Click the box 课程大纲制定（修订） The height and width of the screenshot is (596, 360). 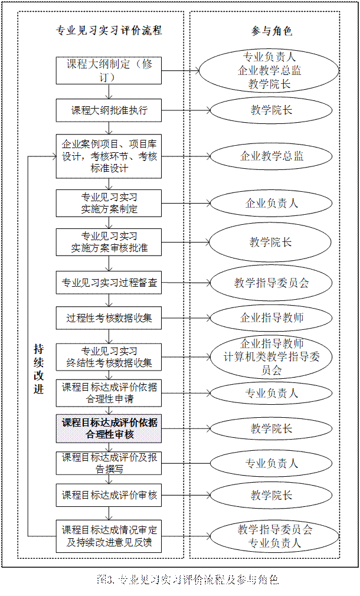pyautogui.click(x=109, y=70)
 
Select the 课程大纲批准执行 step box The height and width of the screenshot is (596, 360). pyautogui.click(x=109, y=110)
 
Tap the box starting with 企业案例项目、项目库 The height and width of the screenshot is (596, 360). pyautogui.click(x=109, y=156)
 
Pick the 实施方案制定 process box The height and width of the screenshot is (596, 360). pyautogui.click(x=109, y=203)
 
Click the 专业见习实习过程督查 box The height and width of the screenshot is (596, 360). pyautogui.click(x=109, y=283)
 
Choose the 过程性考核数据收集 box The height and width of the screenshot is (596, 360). pyautogui.click(x=109, y=318)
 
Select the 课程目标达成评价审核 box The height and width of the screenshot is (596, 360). pyautogui.click(x=109, y=495)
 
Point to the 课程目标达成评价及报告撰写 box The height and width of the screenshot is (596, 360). pyautogui.click(x=109, y=463)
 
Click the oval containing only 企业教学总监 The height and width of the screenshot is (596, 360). pyautogui.click(x=271, y=156)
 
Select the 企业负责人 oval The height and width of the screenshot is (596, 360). pyautogui.click(x=271, y=204)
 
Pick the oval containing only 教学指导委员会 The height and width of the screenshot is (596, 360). pyautogui.click(x=271, y=283)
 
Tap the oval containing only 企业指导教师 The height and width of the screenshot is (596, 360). pyautogui.click(x=271, y=318)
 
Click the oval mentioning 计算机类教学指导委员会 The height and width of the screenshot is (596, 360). pyautogui.click(x=271, y=357)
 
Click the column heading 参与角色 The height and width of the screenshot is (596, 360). pyautogui.click(x=271, y=31)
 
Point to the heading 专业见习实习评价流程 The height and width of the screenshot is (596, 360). pyautogui.click(x=109, y=31)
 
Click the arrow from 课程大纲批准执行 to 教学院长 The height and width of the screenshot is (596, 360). pyautogui.click(x=186, y=110)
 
